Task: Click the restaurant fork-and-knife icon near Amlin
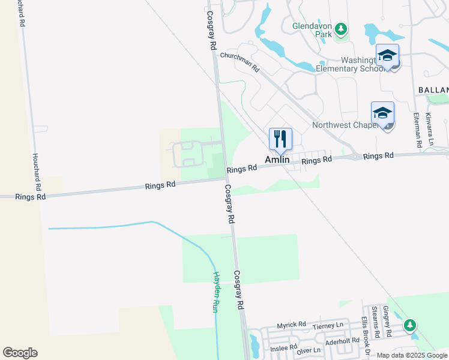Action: click(x=280, y=139)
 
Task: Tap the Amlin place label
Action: click(x=278, y=160)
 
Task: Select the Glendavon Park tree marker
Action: click(x=341, y=29)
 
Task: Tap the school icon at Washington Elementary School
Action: click(x=388, y=56)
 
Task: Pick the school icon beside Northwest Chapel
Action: click(x=383, y=113)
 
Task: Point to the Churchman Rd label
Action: click(x=240, y=61)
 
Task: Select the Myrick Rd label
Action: click(x=291, y=326)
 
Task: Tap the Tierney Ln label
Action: click(x=328, y=325)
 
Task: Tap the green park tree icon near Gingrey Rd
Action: click(x=410, y=325)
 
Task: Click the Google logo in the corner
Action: click(x=20, y=353)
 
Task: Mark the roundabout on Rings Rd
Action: click(x=355, y=157)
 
